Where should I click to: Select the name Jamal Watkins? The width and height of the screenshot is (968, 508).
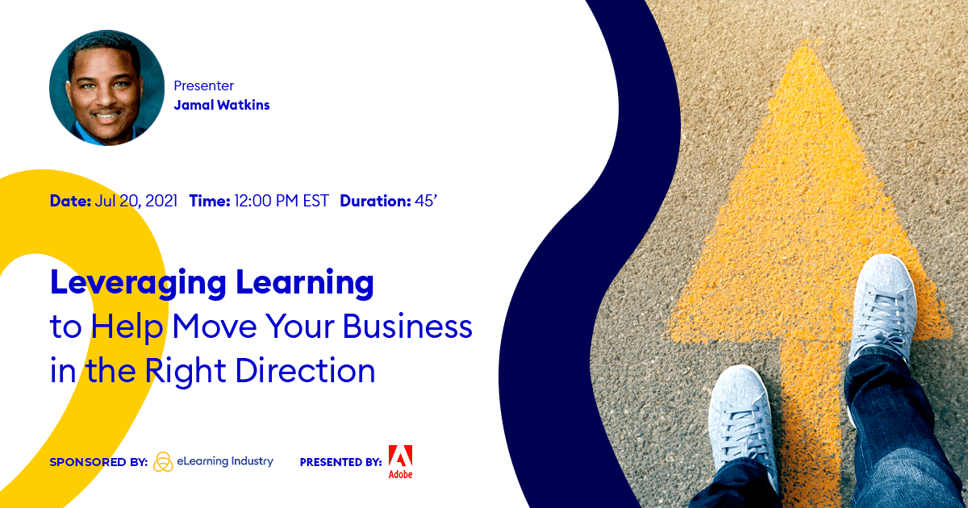pyautogui.click(x=222, y=105)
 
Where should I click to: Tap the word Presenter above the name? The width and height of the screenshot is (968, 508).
pyautogui.click(x=203, y=85)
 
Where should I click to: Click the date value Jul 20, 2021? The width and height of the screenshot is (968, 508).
pyautogui.click(x=136, y=201)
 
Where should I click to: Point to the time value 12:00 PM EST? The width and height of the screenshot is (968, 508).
pyautogui.click(x=282, y=201)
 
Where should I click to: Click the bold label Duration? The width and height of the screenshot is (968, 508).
pyautogui.click(x=374, y=201)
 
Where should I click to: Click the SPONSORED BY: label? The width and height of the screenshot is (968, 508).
pyautogui.click(x=98, y=463)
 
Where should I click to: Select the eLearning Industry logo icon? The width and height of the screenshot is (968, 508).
pyautogui.click(x=163, y=462)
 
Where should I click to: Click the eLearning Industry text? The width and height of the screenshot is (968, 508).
pyautogui.click(x=225, y=462)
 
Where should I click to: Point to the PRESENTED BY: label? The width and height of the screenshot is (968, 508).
pyautogui.click(x=340, y=463)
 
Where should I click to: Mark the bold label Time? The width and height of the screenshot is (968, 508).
pyautogui.click(x=210, y=201)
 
